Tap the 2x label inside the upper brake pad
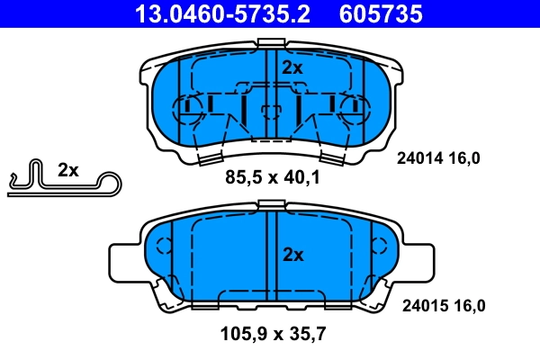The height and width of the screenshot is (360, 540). click(292, 67)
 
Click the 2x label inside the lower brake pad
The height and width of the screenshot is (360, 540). click(292, 255)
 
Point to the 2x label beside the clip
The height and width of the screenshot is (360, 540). click(68, 169)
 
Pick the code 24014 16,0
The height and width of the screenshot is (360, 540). click(440, 158)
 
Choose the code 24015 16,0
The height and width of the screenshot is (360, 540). click(441, 306)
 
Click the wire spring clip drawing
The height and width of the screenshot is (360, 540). click(63, 183)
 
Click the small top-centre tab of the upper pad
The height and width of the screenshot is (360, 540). click(270, 43)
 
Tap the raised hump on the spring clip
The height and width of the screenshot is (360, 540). click(33, 171)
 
